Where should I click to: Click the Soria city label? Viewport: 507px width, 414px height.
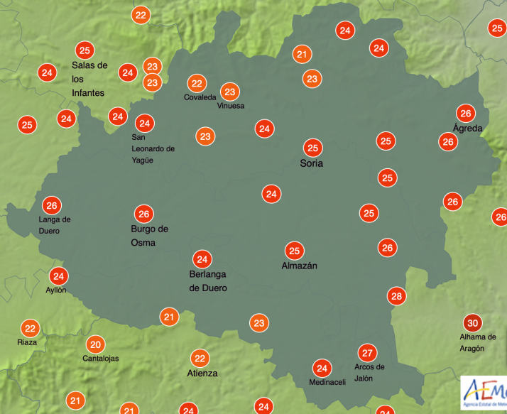tap(312, 163)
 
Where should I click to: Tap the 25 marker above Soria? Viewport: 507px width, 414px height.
tap(312, 148)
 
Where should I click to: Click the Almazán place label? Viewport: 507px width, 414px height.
tap(299, 266)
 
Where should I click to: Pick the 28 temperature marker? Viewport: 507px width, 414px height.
tap(396, 296)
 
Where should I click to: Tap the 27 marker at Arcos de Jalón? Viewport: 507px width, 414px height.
tap(367, 353)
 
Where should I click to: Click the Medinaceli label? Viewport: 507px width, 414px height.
tap(327, 383)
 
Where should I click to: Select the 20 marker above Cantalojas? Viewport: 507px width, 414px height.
tap(95, 344)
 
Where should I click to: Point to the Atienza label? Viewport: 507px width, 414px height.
tap(202, 373)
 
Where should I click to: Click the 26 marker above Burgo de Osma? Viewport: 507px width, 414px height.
tap(144, 213)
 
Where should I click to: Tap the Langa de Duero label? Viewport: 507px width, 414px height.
tap(55, 225)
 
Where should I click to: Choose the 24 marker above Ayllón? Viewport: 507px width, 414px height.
tap(58, 276)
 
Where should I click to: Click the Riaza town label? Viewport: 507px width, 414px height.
tap(27, 342)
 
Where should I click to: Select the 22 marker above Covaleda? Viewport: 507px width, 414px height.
tap(197, 83)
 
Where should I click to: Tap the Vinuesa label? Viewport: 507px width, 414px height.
tap(231, 106)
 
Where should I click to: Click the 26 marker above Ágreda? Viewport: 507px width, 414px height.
tap(466, 114)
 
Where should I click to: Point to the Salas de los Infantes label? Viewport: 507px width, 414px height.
tap(89, 79)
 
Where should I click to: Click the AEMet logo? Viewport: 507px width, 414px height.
tap(484, 392)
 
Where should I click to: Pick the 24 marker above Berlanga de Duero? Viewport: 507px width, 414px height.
tap(202, 259)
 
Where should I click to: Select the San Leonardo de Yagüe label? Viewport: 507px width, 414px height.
tap(153, 148)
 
